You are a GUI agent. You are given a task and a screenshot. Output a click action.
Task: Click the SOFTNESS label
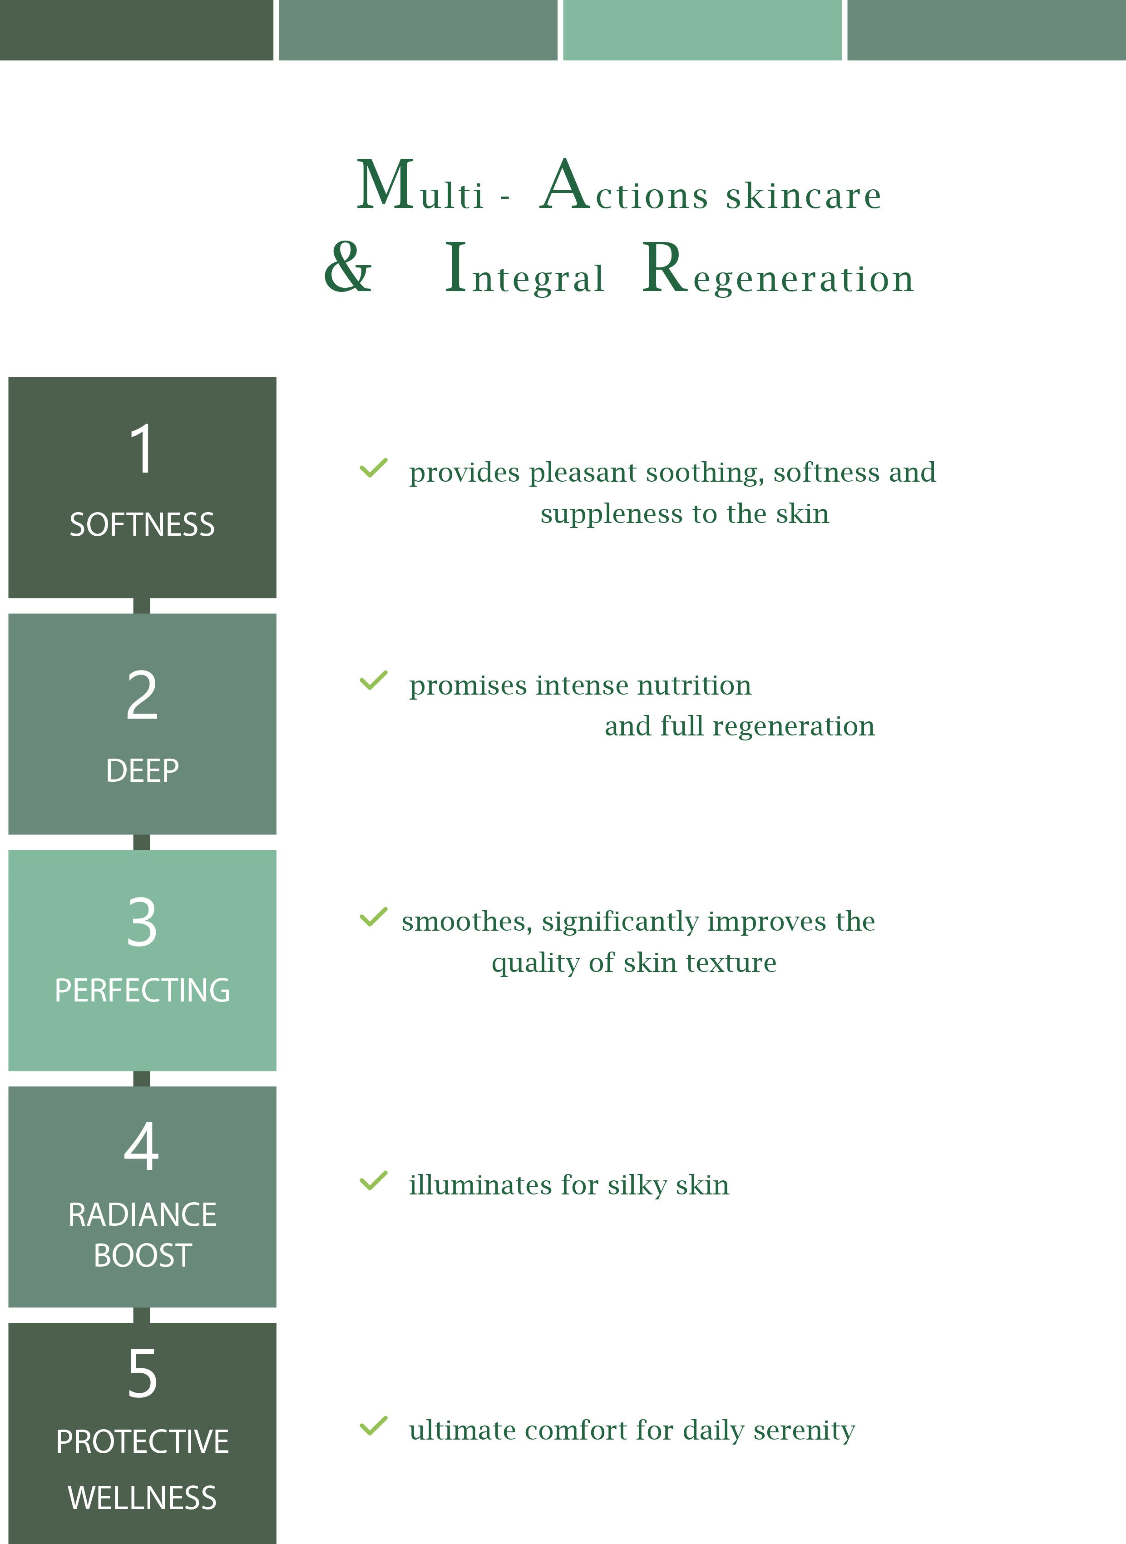click(142, 525)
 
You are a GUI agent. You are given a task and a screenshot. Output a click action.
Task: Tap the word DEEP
click(142, 770)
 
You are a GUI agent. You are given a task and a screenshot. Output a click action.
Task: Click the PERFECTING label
click(142, 990)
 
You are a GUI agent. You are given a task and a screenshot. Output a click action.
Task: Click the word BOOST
click(142, 1256)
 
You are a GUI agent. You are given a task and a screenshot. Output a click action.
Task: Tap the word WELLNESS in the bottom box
click(142, 1498)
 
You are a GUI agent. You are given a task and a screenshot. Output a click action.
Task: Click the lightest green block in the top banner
click(702, 30)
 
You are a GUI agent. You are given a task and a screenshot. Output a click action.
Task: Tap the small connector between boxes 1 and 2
click(142, 606)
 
